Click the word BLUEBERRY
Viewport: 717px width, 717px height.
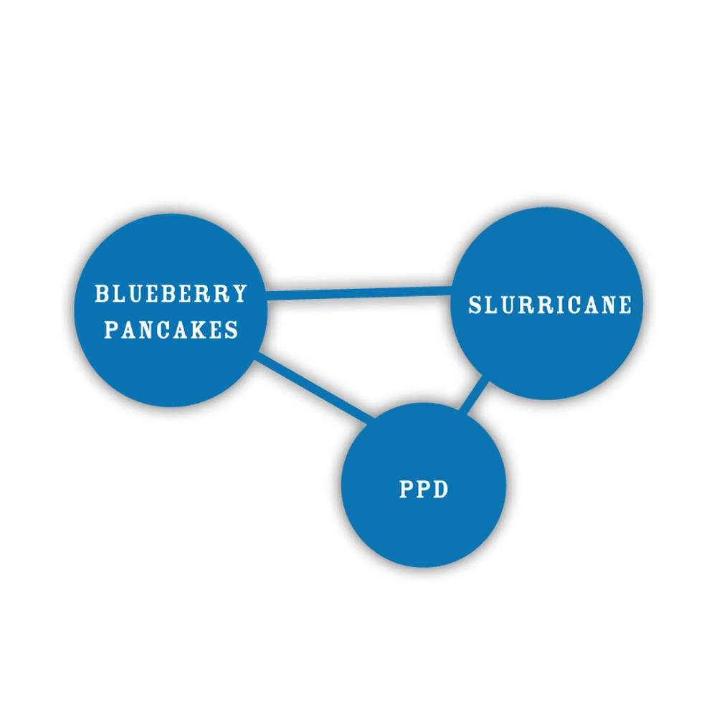pyautogui.click(x=171, y=294)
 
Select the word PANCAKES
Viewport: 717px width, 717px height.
pyautogui.click(x=171, y=330)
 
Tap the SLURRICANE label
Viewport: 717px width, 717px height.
pyautogui.click(x=550, y=305)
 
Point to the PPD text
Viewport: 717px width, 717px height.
pyautogui.click(x=423, y=490)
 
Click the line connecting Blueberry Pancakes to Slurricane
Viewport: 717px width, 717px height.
pyautogui.click(x=358, y=293)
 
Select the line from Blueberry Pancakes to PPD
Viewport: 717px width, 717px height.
pyautogui.click(x=315, y=388)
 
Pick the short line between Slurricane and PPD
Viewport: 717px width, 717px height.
pyautogui.click(x=475, y=396)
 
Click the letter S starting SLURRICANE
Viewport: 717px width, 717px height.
pyautogui.click(x=475, y=305)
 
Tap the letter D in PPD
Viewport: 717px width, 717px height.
pyautogui.click(x=441, y=490)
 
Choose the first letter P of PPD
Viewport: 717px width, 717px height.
pyautogui.click(x=405, y=490)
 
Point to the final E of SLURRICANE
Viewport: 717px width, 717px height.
pyautogui.click(x=625, y=305)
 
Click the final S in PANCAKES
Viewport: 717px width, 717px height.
pyautogui.click(x=232, y=330)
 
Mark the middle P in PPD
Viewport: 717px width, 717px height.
pyautogui.click(x=423, y=490)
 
